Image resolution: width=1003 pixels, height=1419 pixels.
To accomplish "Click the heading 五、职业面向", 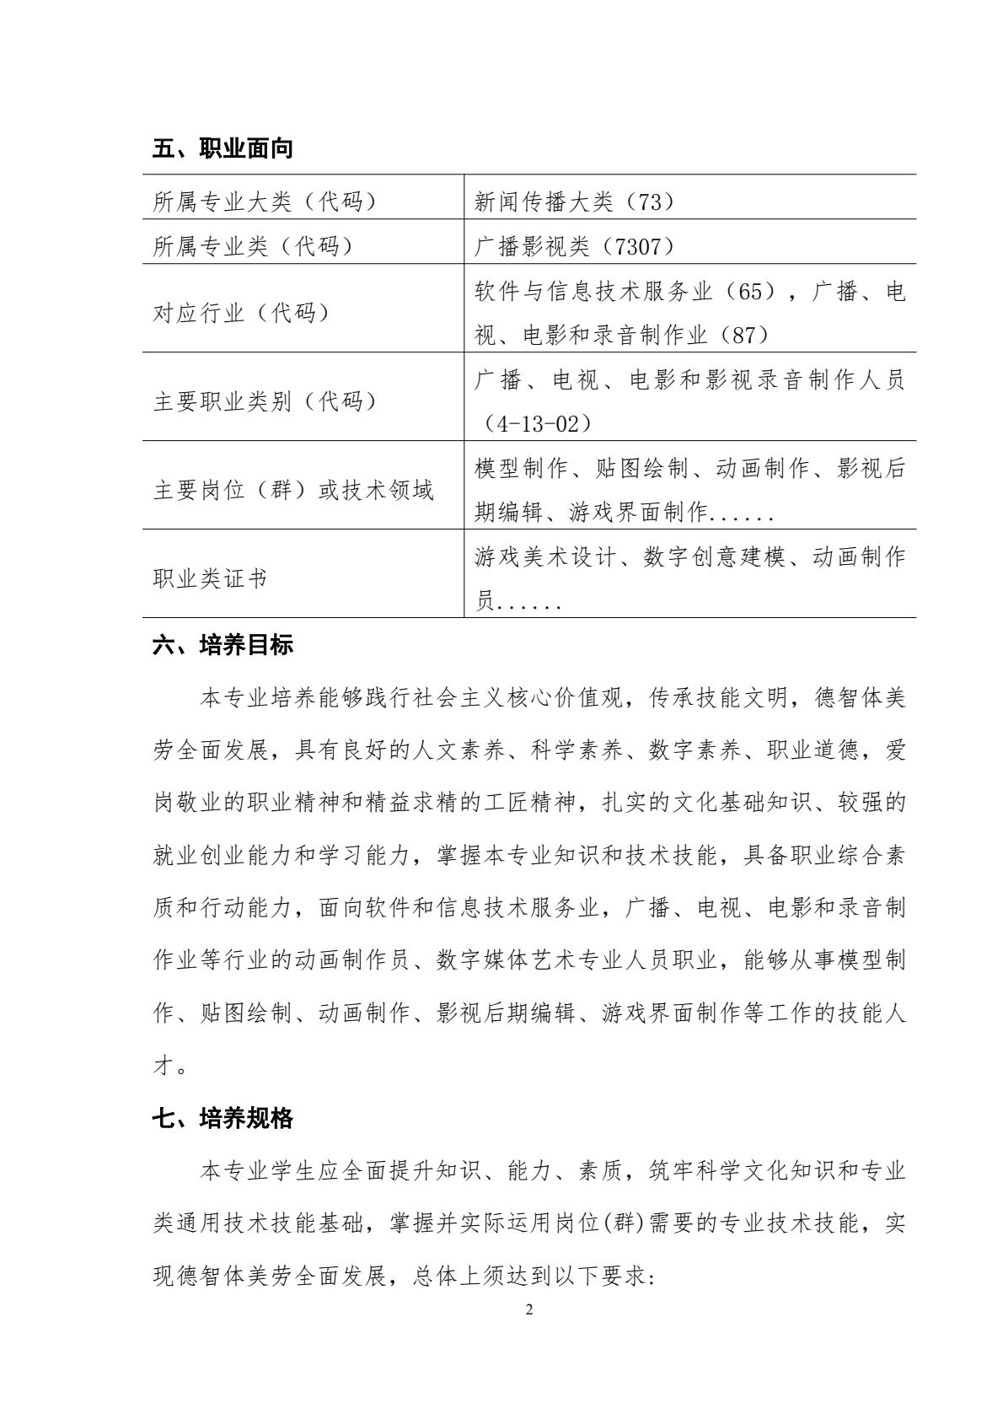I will tap(223, 149).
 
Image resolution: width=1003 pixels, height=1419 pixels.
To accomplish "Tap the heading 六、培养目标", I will tap(223, 646).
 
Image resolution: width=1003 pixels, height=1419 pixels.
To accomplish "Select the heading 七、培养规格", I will tap(223, 1118).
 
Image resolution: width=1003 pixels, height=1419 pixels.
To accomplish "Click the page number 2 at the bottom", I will tap(528, 1310).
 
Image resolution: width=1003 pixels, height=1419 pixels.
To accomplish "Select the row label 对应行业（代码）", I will tap(241, 313).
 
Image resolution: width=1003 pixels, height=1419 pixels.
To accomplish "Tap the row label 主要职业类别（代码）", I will tap(264, 401).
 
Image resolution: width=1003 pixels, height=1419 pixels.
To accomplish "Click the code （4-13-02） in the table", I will tap(534, 424).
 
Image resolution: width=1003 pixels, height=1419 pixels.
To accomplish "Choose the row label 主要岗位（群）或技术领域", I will tap(293, 490).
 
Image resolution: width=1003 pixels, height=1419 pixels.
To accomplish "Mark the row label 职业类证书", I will tap(211, 578).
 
